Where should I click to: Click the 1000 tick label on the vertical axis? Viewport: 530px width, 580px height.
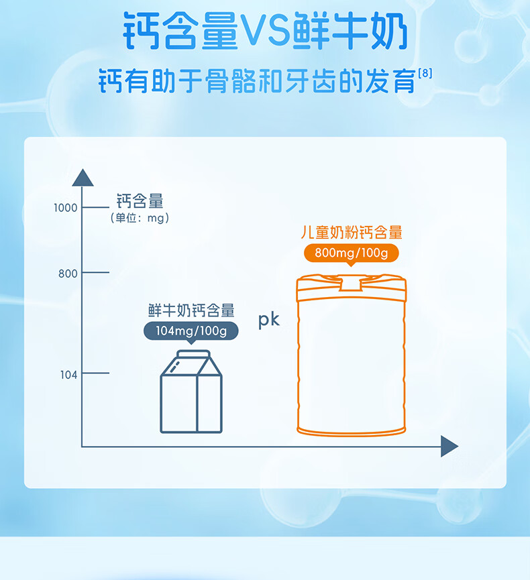[x=66, y=208]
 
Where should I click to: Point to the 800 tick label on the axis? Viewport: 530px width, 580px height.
[x=68, y=274]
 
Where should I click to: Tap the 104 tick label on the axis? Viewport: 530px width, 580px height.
[x=68, y=374]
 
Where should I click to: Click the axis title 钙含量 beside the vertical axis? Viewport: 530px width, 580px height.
[x=140, y=200]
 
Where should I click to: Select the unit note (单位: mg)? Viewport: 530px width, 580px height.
[x=140, y=218]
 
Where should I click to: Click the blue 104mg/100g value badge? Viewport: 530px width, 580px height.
[x=191, y=331]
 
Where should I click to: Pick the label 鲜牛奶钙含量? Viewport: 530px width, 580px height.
[x=191, y=310]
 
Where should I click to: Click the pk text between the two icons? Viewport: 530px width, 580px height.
[x=268, y=321]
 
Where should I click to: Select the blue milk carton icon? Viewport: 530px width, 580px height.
[x=191, y=396]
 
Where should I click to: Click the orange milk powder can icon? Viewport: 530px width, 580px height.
[x=352, y=362]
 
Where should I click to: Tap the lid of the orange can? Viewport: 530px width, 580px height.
[x=352, y=282]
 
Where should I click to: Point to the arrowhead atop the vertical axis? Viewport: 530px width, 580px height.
[x=83, y=178]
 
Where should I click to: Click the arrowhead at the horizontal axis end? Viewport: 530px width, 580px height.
[x=449, y=446]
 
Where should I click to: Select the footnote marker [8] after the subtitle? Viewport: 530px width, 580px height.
[x=425, y=71]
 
